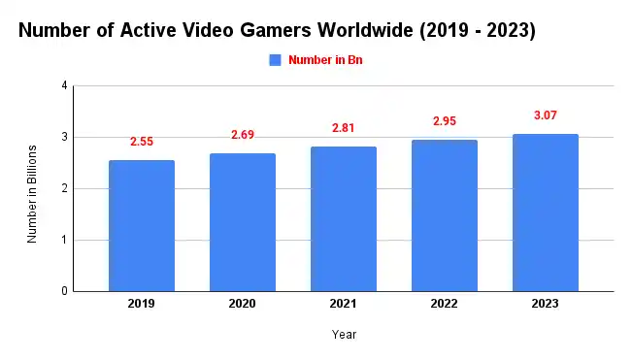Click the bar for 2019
pyautogui.click(x=142, y=225)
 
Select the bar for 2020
pyautogui.click(x=243, y=222)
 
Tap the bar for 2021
pyautogui.click(x=344, y=218)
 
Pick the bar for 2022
pyautogui.click(x=445, y=215)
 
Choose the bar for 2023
pyautogui.click(x=546, y=213)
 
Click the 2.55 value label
pyautogui.click(x=142, y=142)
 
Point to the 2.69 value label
pyautogui.click(x=243, y=134)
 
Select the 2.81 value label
pyautogui.click(x=344, y=128)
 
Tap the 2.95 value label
pyautogui.click(x=445, y=121)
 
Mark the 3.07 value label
pyautogui.click(x=546, y=115)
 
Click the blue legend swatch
pyautogui.click(x=275, y=60)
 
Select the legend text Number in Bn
pyautogui.click(x=325, y=60)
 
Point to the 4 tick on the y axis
pyautogui.click(x=65, y=85)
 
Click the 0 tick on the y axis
pyautogui.click(x=65, y=291)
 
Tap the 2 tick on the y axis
pyautogui.click(x=65, y=188)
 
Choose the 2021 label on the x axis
pyautogui.click(x=344, y=305)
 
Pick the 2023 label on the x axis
pyautogui.click(x=546, y=305)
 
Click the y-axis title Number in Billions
pyautogui.click(x=32, y=193)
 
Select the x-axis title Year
pyautogui.click(x=344, y=335)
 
